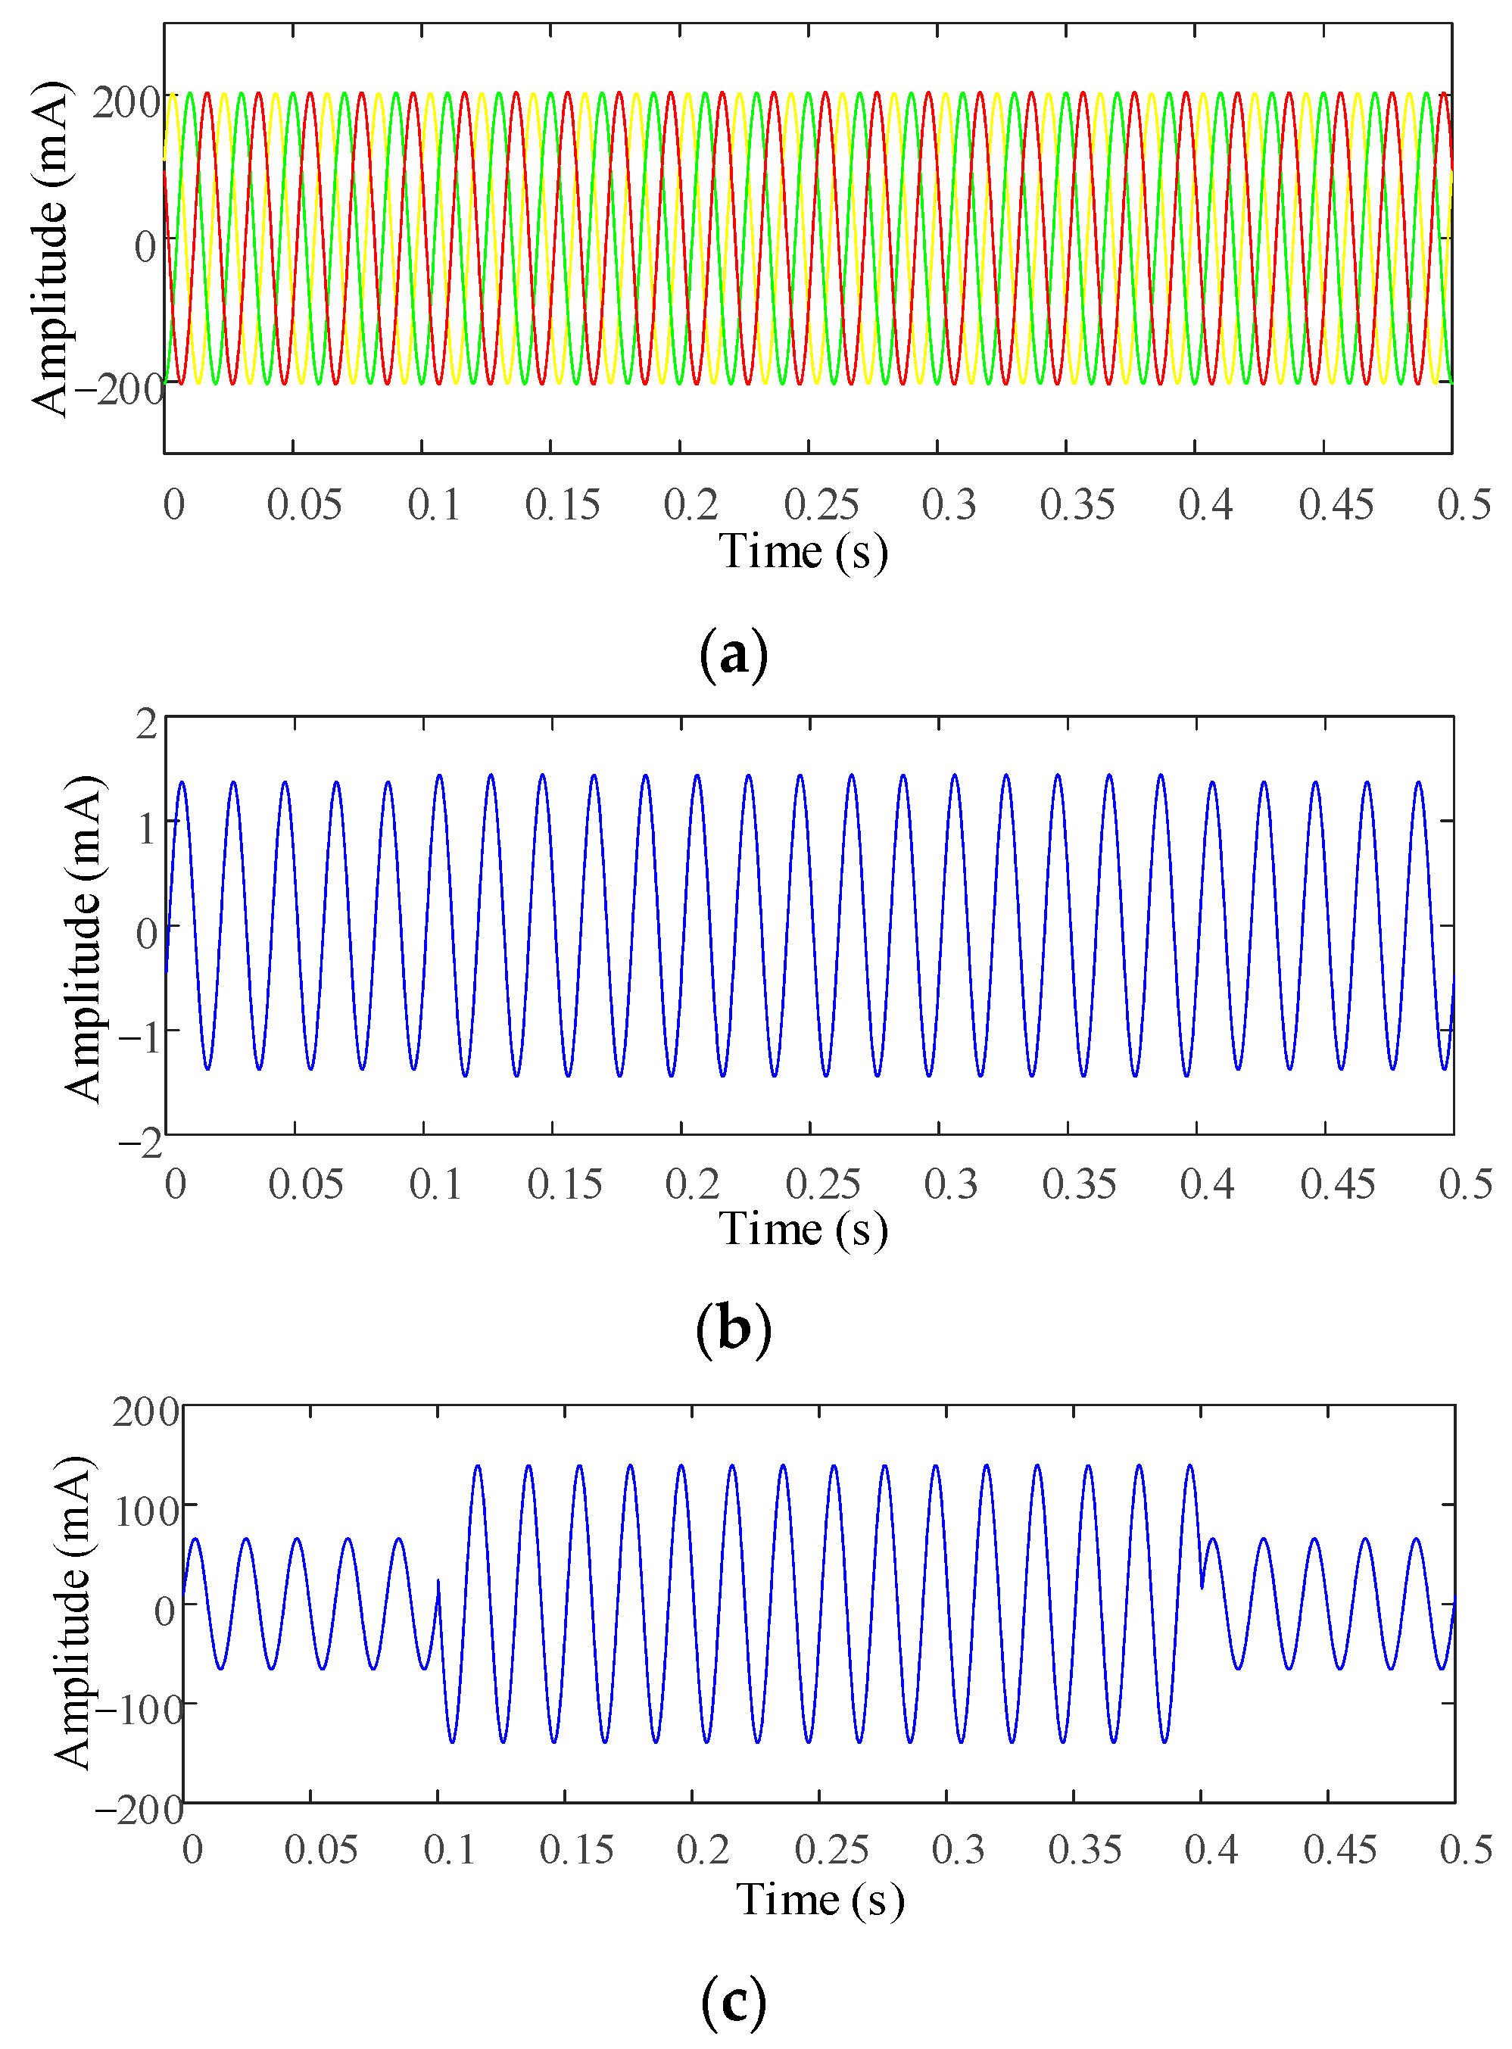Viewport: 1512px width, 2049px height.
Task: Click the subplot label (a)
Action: [x=733, y=655]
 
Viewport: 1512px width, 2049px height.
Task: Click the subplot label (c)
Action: [x=733, y=2001]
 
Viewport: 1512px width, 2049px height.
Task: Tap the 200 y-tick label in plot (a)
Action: [x=126, y=102]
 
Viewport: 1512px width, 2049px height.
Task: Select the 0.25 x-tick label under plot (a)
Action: [x=821, y=504]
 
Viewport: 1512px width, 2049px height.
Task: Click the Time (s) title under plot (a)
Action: [x=803, y=552]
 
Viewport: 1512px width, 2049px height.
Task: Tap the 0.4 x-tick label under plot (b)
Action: [x=1206, y=1184]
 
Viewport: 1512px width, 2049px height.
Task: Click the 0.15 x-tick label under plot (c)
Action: [x=575, y=1850]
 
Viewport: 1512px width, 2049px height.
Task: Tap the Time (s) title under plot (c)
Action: [x=820, y=1899]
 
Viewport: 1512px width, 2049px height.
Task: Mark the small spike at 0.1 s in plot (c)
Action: [x=438, y=1581]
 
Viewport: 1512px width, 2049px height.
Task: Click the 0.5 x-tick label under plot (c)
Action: [x=1465, y=1850]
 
